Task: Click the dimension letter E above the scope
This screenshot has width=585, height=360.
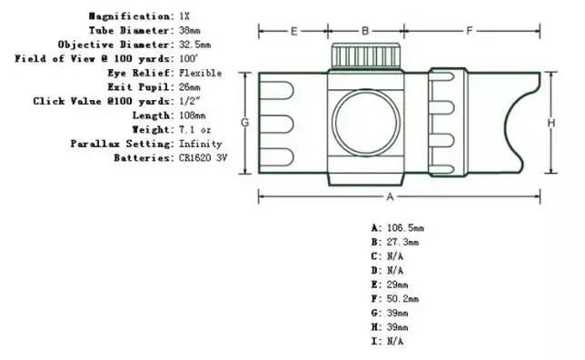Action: click(x=294, y=31)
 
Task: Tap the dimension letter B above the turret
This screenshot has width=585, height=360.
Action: click(x=365, y=31)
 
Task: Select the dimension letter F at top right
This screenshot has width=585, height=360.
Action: click(x=470, y=31)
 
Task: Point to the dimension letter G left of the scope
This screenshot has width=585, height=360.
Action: click(x=244, y=122)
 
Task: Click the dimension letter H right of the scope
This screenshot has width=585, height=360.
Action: click(x=551, y=123)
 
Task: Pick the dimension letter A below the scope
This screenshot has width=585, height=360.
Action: click(x=390, y=196)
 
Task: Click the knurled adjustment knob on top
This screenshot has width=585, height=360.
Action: click(x=366, y=56)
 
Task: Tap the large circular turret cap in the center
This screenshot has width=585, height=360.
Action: click(x=365, y=123)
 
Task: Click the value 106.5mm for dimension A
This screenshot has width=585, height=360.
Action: click(x=405, y=228)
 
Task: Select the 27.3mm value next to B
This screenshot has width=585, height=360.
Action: click(x=402, y=242)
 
